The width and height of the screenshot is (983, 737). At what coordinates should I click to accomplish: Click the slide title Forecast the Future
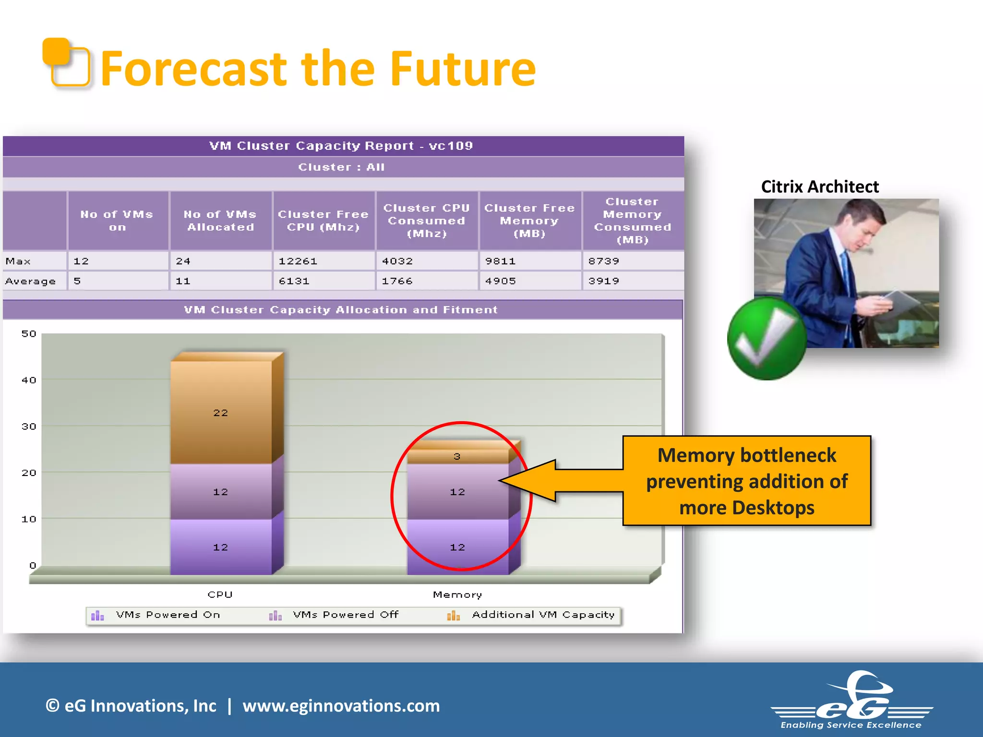[318, 70]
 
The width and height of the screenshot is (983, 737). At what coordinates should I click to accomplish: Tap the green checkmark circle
[767, 339]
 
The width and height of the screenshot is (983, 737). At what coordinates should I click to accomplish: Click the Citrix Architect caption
[819, 187]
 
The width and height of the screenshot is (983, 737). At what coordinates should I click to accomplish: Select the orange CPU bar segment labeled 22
[221, 412]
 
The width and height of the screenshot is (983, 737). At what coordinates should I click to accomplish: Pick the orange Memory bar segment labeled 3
[457, 456]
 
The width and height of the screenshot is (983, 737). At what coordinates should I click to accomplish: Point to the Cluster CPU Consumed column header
[426, 221]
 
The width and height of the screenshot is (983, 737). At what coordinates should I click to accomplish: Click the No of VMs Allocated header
[220, 221]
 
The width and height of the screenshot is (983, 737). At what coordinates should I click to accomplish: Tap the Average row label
[31, 281]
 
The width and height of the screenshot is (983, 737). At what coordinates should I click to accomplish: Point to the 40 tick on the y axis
[29, 380]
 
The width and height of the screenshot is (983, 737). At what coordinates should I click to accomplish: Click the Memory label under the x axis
[457, 595]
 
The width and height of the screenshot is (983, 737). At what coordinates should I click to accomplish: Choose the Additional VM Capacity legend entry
[542, 615]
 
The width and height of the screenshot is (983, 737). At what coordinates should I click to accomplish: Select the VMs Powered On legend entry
[168, 615]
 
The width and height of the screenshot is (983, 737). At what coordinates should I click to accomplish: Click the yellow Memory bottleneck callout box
[746, 481]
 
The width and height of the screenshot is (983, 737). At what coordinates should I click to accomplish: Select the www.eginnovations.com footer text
[341, 706]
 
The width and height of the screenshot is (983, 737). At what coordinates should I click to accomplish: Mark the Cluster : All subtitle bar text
[341, 167]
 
